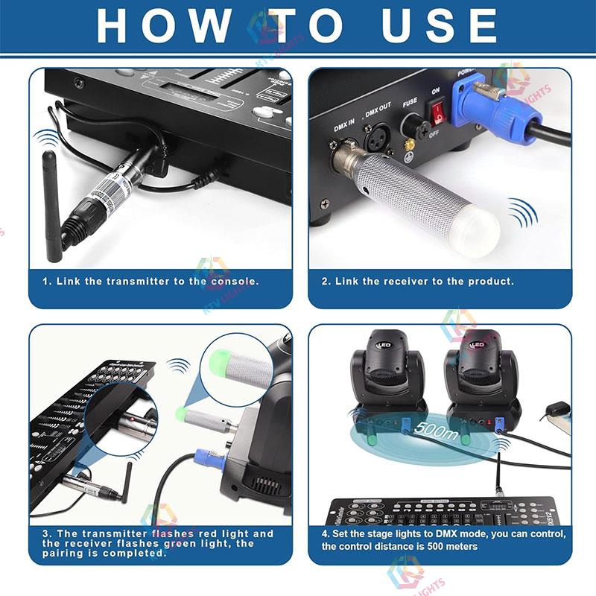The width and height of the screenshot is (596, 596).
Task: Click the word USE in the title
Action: tap(440, 25)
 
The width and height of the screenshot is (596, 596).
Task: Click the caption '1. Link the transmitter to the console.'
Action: tap(150, 282)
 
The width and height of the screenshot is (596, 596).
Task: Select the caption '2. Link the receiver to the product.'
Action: tap(417, 282)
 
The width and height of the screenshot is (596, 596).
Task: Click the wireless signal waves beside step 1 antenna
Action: tap(48, 139)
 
